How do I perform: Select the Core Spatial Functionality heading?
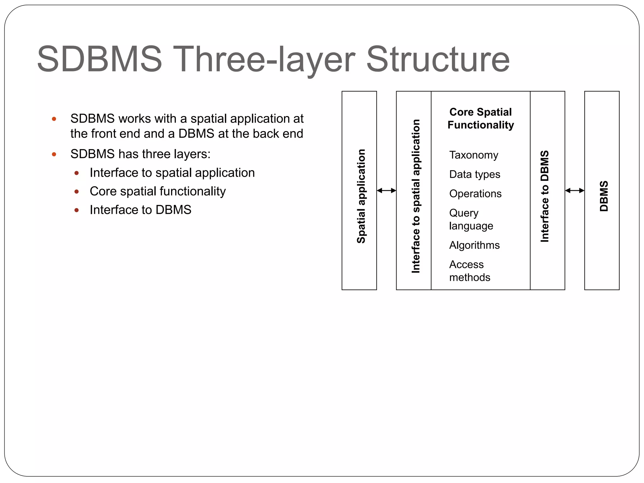[480, 118]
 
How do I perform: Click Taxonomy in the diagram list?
[474, 155]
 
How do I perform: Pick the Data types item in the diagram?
[475, 174]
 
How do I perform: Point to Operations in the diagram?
[475, 194]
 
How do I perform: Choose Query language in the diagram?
[471, 219]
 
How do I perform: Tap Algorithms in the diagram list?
[474, 245]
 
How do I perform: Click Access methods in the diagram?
[469, 271]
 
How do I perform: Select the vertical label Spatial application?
[361, 196]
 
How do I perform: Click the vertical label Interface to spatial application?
[415, 196]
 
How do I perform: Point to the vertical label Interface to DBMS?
[544, 196]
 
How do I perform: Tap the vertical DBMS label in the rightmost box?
[604, 196]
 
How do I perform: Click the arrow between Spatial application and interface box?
[386, 191]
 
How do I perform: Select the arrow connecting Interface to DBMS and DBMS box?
[575, 191]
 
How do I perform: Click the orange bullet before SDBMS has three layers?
[54, 154]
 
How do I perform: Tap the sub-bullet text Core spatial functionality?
[158, 191]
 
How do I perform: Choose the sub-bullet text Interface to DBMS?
[140, 210]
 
